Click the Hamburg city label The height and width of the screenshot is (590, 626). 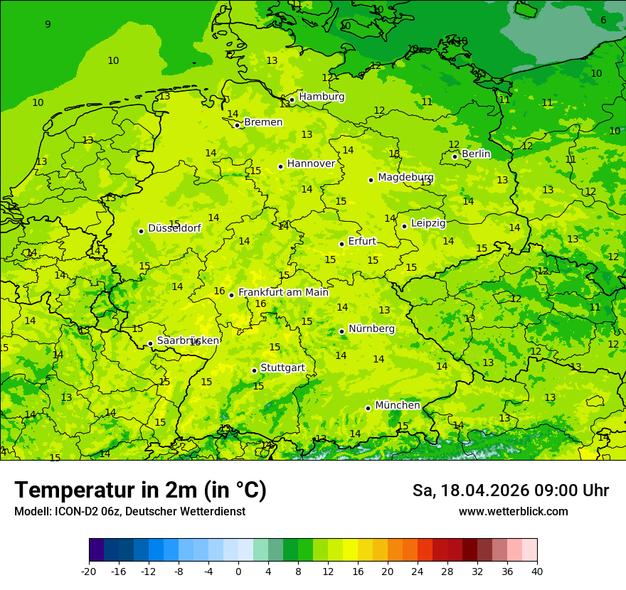click(x=322, y=97)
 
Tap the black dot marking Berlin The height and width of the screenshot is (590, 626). click(x=455, y=156)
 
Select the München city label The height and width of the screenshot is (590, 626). click(x=397, y=405)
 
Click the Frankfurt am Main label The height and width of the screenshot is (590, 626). click(x=283, y=292)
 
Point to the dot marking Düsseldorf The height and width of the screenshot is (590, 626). click(x=141, y=231)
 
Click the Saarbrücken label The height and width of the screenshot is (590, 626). click(x=187, y=340)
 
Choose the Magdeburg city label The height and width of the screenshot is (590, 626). click(x=405, y=177)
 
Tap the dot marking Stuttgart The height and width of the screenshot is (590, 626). click(x=254, y=370)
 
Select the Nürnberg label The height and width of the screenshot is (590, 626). click(x=371, y=329)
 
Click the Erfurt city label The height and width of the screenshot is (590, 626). click(x=362, y=242)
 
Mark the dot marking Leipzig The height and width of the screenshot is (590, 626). click(x=404, y=226)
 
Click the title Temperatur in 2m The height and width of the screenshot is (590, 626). click(x=140, y=490)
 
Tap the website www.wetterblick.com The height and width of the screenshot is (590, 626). click(x=513, y=512)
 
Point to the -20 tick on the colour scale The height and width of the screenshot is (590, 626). click(x=89, y=571)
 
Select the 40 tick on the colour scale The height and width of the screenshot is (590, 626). click(x=537, y=571)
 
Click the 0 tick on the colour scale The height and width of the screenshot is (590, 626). click(x=238, y=571)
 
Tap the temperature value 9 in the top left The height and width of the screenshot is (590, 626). click(x=48, y=25)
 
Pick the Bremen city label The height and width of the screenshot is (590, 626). click(x=263, y=122)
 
